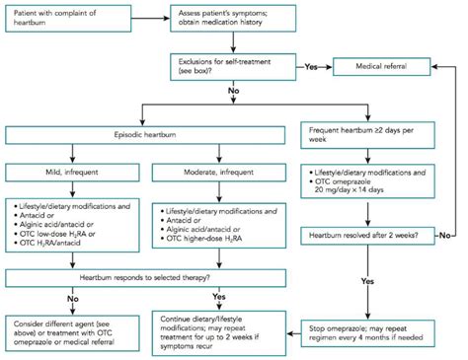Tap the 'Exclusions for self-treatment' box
[x=229, y=66]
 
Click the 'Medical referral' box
[x=388, y=66]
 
